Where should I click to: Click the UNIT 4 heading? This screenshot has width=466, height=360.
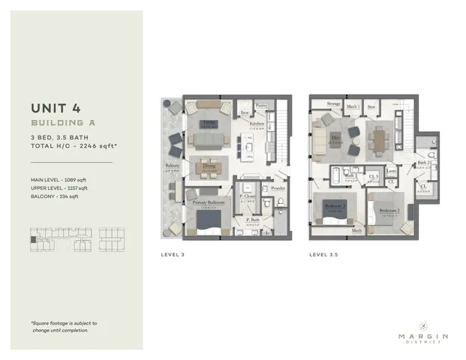coord(58,106)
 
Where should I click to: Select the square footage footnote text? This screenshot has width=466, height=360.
coord(64,326)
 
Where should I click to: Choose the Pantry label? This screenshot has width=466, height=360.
coord(262,106)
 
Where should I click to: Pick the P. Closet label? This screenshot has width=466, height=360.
coord(248,196)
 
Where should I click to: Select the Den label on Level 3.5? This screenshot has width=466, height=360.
coord(337,136)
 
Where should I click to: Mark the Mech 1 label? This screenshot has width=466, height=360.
coord(353,106)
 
